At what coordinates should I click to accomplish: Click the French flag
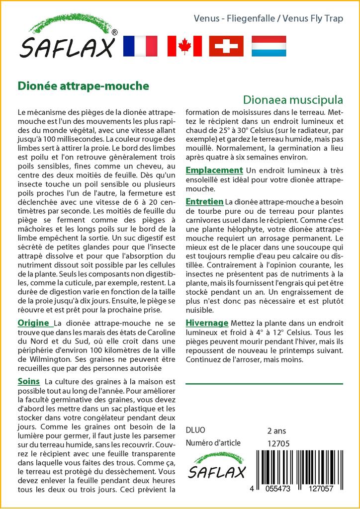tap(140, 46)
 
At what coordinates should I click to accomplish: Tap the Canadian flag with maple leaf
tap(184, 46)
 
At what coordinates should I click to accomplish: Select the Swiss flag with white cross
tap(226, 46)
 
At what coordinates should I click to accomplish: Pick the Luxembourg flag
tap(269, 46)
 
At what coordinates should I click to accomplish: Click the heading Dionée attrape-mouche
tap(84, 85)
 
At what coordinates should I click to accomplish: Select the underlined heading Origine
tap(33, 323)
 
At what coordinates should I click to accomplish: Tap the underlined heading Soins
tap(28, 381)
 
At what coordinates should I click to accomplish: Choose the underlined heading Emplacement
tap(214, 170)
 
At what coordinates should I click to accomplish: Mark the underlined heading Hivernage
tap(207, 323)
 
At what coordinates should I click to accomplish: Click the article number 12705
tap(278, 443)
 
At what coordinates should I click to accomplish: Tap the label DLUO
tap(195, 430)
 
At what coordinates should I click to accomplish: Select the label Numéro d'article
tap(213, 443)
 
